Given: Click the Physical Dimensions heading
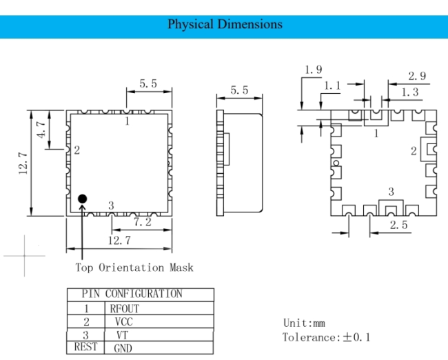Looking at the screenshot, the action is pyautogui.click(x=225, y=24).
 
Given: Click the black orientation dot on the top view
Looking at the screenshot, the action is pyautogui.click(x=82, y=199).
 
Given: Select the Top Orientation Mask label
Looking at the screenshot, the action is pyautogui.click(x=134, y=268).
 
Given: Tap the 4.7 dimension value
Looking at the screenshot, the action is pyautogui.click(x=41, y=130).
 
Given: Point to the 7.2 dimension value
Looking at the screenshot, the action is pyautogui.click(x=143, y=222).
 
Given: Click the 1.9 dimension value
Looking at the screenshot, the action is pyautogui.click(x=314, y=70).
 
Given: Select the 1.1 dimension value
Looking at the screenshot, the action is pyautogui.click(x=332, y=86).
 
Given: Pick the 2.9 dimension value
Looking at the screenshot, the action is pyautogui.click(x=417, y=76).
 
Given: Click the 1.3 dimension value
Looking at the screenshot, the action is pyautogui.click(x=410, y=92).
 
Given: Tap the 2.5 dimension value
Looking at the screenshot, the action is pyautogui.click(x=399, y=225).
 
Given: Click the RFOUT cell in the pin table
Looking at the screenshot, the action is pyautogui.click(x=125, y=309).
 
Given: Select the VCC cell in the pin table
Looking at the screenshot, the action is pyautogui.click(x=124, y=322).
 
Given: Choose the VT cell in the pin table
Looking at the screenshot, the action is pyautogui.click(x=122, y=335).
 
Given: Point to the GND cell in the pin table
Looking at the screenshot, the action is pyautogui.click(x=123, y=348).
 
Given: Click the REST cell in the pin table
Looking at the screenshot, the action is pyautogui.click(x=85, y=347).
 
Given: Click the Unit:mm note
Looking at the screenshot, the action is pyautogui.click(x=304, y=323).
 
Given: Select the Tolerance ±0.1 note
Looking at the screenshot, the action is pyautogui.click(x=326, y=337).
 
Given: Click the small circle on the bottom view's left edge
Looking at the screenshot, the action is pyautogui.click(x=336, y=163).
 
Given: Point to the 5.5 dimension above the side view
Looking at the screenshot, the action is pyautogui.click(x=239, y=90).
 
